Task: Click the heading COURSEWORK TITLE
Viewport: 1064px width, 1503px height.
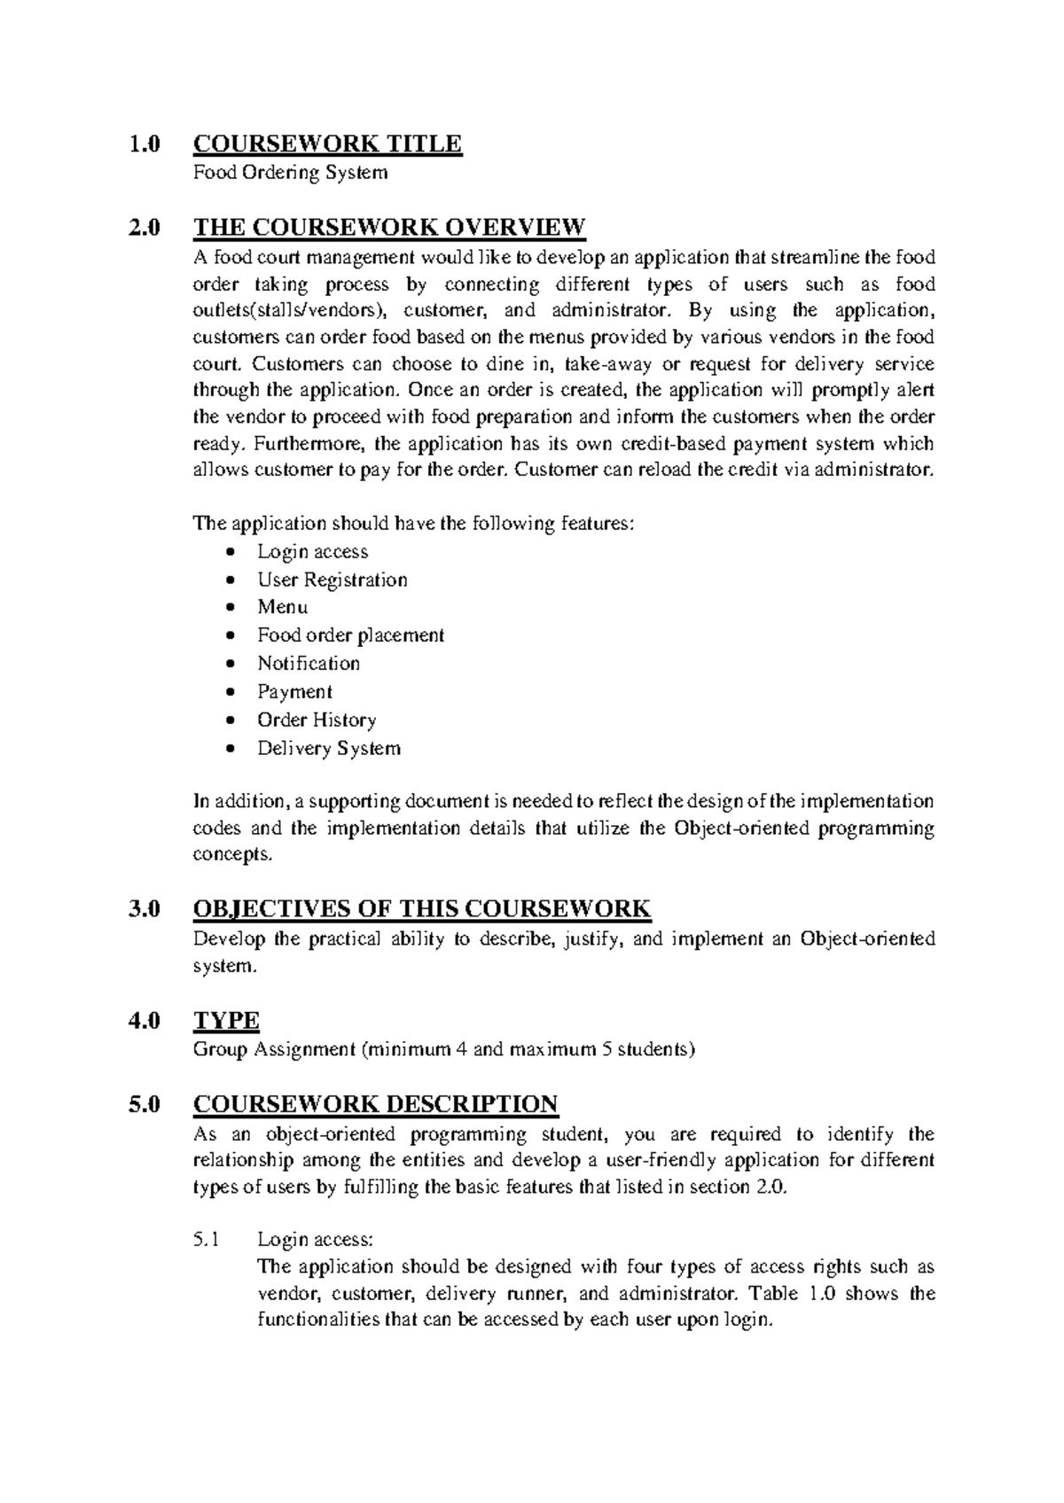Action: [x=327, y=144]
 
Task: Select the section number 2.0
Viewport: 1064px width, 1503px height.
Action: [x=145, y=228]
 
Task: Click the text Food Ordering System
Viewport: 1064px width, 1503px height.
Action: [x=291, y=172]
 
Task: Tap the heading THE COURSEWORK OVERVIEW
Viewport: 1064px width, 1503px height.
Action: [x=389, y=228]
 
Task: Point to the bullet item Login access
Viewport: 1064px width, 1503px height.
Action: [x=312, y=551]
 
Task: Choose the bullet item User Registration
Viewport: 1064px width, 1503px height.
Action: [x=332, y=580]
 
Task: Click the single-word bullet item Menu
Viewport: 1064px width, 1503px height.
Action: [x=282, y=607]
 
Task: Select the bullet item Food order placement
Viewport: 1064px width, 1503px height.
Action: [x=350, y=635]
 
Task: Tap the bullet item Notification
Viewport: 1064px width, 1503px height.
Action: [x=309, y=664]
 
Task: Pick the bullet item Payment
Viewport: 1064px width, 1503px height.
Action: [x=294, y=692]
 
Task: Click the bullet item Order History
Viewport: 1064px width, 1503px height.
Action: [x=317, y=720]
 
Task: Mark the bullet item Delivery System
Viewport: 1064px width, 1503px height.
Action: [x=328, y=749]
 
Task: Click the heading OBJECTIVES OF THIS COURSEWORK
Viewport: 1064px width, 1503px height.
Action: [x=422, y=909]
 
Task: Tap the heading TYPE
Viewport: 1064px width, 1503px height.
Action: [x=226, y=1021]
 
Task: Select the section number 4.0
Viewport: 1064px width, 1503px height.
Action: [x=145, y=1021]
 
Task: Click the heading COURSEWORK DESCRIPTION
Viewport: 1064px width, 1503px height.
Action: [x=375, y=1104]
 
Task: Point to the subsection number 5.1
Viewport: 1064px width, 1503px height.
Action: [x=206, y=1240]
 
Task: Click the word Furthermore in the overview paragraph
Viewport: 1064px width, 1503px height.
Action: [x=251, y=444]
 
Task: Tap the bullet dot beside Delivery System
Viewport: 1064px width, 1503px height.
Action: [x=231, y=749]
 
